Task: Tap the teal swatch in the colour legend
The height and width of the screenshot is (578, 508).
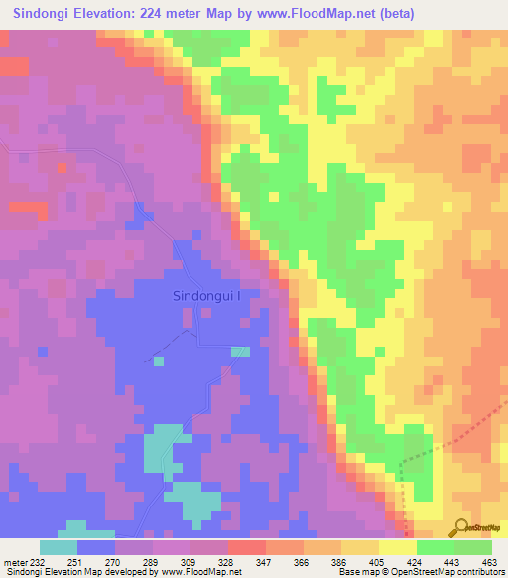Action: (59, 547)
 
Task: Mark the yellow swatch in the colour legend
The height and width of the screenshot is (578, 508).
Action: (398, 547)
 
